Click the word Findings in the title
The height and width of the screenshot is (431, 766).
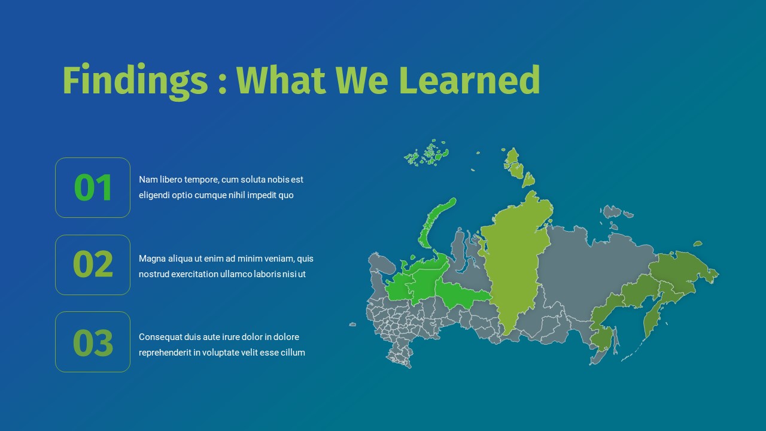click(135, 81)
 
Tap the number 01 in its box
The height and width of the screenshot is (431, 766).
click(93, 187)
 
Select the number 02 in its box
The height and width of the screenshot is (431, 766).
click(93, 264)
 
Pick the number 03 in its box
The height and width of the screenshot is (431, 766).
click(93, 342)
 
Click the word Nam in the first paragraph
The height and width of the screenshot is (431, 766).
click(147, 180)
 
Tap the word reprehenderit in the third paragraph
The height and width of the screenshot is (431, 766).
click(165, 353)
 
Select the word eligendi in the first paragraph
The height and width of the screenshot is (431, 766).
click(155, 195)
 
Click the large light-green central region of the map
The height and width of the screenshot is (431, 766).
click(515, 263)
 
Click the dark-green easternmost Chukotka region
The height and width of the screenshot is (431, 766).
click(682, 269)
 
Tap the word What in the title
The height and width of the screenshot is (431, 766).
click(281, 81)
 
